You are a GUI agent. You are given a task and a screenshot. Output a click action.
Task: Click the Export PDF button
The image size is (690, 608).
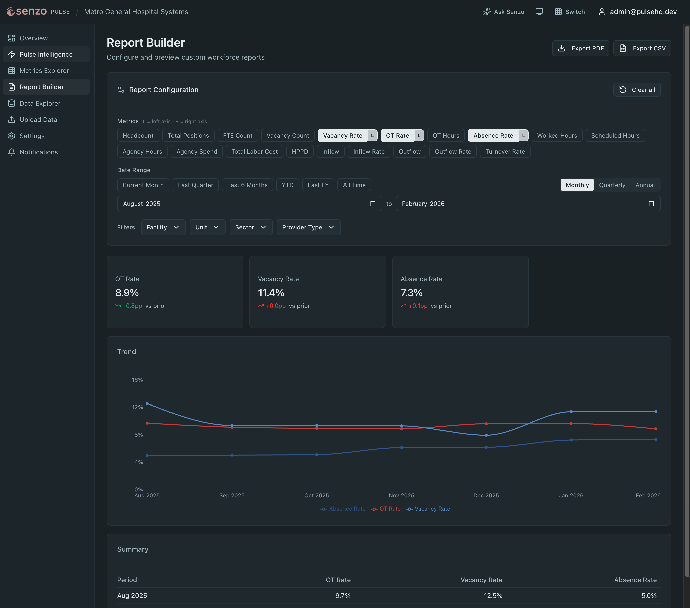[580, 48]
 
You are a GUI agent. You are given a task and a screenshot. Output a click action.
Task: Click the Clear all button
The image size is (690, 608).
[637, 90]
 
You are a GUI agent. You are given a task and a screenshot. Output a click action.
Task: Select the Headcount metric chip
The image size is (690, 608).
[138, 136]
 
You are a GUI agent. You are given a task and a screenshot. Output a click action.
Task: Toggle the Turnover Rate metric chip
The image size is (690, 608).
[505, 152]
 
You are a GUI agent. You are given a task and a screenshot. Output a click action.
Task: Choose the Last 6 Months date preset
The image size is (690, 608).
[247, 185]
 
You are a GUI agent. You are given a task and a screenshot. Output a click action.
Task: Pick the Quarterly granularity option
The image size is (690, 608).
[612, 185]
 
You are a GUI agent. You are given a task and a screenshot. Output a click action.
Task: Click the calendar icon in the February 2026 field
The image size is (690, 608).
[651, 204]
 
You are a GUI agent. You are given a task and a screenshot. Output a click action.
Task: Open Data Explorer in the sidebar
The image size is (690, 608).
[40, 104]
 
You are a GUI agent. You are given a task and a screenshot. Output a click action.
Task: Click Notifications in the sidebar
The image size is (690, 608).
[39, 152]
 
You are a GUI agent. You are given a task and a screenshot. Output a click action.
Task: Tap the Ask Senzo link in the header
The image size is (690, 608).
[504, 12]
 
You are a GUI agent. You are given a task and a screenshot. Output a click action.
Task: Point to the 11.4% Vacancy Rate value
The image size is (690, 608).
[271, 293]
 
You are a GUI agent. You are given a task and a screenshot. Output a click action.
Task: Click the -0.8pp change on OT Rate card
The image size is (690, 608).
[132, 306]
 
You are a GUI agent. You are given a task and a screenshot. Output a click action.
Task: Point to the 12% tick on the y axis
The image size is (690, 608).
[137, 407]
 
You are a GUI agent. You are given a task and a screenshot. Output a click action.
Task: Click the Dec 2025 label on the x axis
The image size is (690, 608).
[486, 496]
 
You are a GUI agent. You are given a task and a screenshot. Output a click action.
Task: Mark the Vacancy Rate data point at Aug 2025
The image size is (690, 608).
[147, 403]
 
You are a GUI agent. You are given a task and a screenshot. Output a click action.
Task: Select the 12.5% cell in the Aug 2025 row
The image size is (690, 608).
[493, 596]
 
